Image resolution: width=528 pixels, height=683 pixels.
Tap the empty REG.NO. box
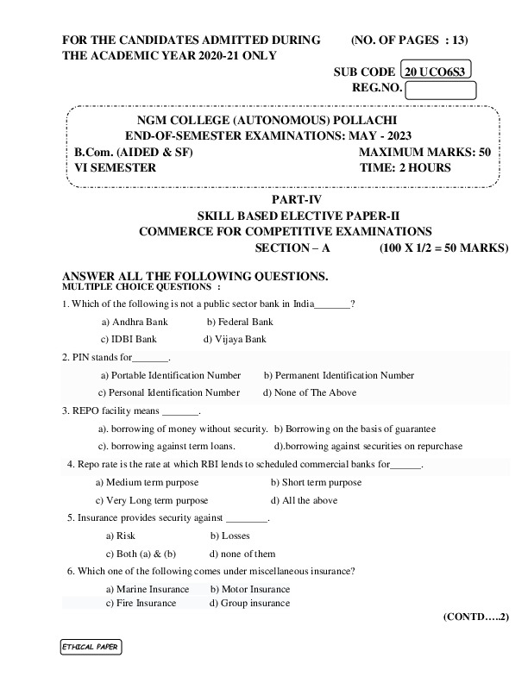pyautogui.click(x=440, y=90)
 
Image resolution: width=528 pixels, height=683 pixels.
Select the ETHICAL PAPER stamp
pyautogui.click(x=90, y=647)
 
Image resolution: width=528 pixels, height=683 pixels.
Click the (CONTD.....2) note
pyautogui.click(x=475, y=617)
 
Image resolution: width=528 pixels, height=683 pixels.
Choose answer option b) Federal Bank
pyautogui.click(x=239, y=322)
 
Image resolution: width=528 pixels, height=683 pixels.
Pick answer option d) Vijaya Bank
pyautogui.click(x=235, y=339)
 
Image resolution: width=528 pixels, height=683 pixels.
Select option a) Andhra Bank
pyautogui.click(x=135, y=322)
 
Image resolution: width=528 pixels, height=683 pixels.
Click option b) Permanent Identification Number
pyautogui.click(x=338, y=375)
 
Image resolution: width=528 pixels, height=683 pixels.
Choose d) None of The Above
pyautogui.click(x=309, y=392)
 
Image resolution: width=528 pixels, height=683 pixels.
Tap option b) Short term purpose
pyautogui.click(x=316, y=483)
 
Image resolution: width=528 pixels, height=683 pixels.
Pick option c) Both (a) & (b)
pyautogui.click(x=141, y=554)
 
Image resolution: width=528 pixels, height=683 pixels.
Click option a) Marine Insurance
pyautogui.click(x=147, y=589)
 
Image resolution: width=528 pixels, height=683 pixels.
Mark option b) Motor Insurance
pyautogui.click(x=249, y=589)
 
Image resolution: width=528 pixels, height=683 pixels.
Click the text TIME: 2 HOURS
pyautogui.click(x=404, y=167)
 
